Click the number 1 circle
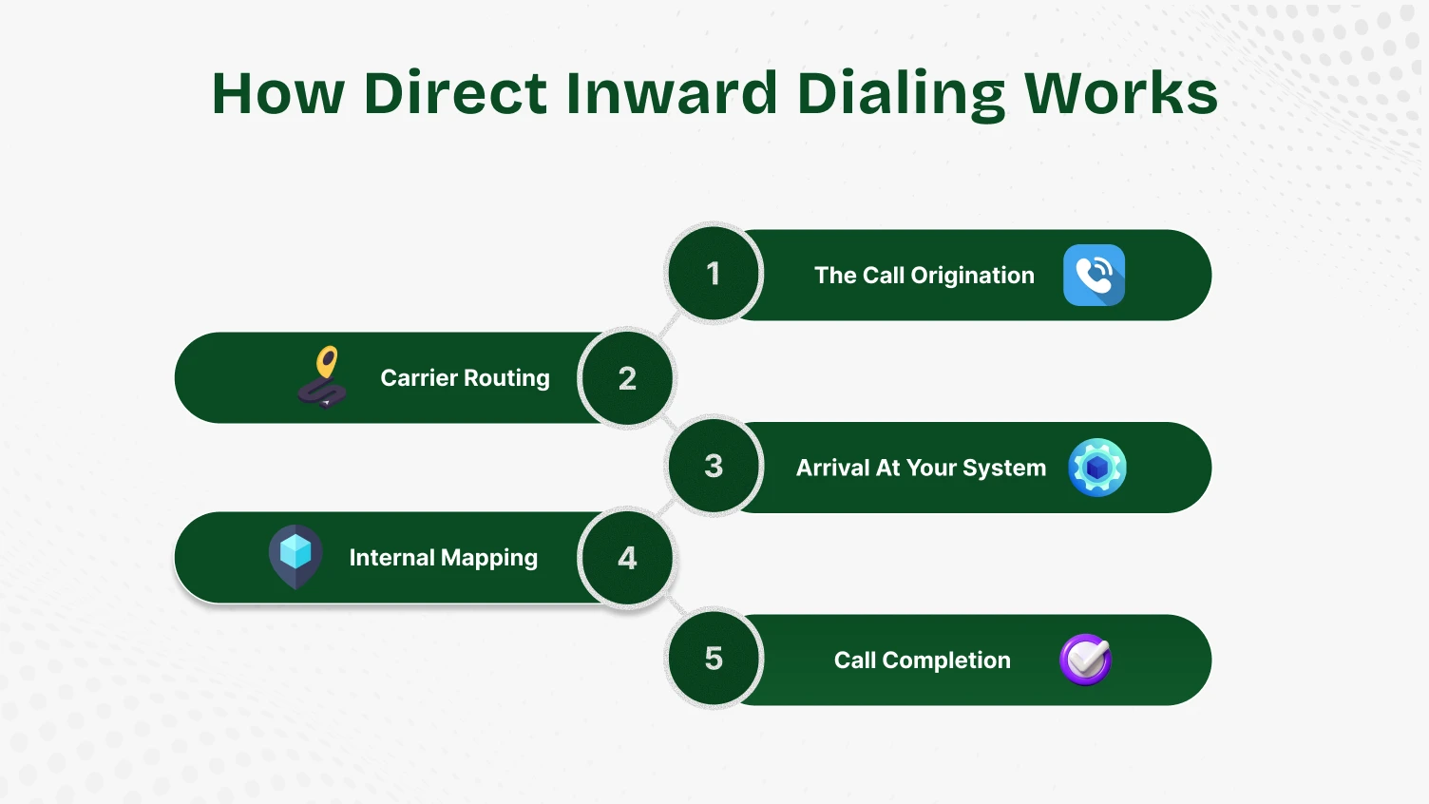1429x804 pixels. pos(714,275)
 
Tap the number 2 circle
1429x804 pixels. pos(627,378)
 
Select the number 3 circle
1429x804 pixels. pos(714,467)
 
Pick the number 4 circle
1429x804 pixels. pos(627,558)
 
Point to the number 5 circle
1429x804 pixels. pos(714,659)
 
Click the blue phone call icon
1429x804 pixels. pos(1094,276)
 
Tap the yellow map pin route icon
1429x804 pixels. pos(323,376)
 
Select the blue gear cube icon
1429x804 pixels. pos(1096,468)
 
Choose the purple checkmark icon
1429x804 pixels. pos(1085,660)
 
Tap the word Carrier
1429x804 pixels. pos(419,378)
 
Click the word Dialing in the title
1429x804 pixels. pos(900,94)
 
